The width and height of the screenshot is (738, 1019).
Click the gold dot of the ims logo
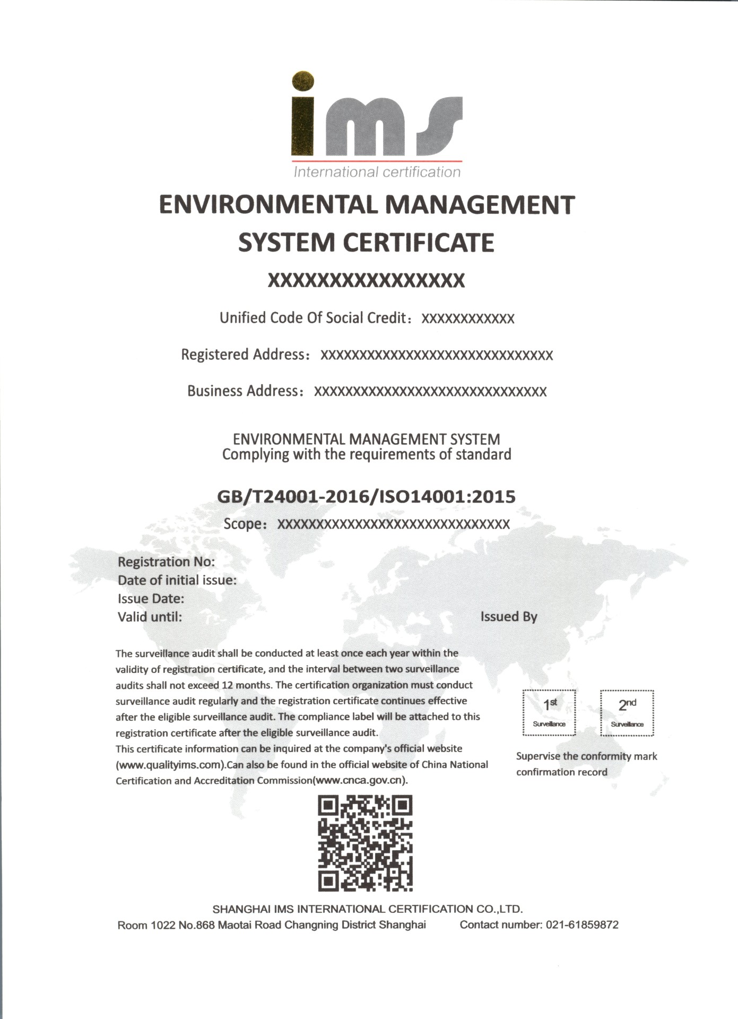[303, 81]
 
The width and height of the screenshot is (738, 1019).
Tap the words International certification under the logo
[377, 172]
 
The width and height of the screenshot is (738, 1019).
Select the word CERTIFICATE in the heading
[419, 243]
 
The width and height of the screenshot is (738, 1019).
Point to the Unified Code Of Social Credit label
[313, 318]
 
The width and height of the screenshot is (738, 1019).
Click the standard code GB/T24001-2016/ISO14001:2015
[366, 496]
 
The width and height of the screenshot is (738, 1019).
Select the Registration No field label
[166, 562]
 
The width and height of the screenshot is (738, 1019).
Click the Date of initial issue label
[177, 580]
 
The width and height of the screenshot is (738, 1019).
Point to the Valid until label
[150, 617]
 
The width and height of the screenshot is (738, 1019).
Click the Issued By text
[509, 617]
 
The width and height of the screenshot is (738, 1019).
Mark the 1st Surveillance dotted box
[549, 713]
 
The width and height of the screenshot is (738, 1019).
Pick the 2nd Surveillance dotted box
[627, 713]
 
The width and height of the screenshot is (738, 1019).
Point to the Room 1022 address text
[271, 925]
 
